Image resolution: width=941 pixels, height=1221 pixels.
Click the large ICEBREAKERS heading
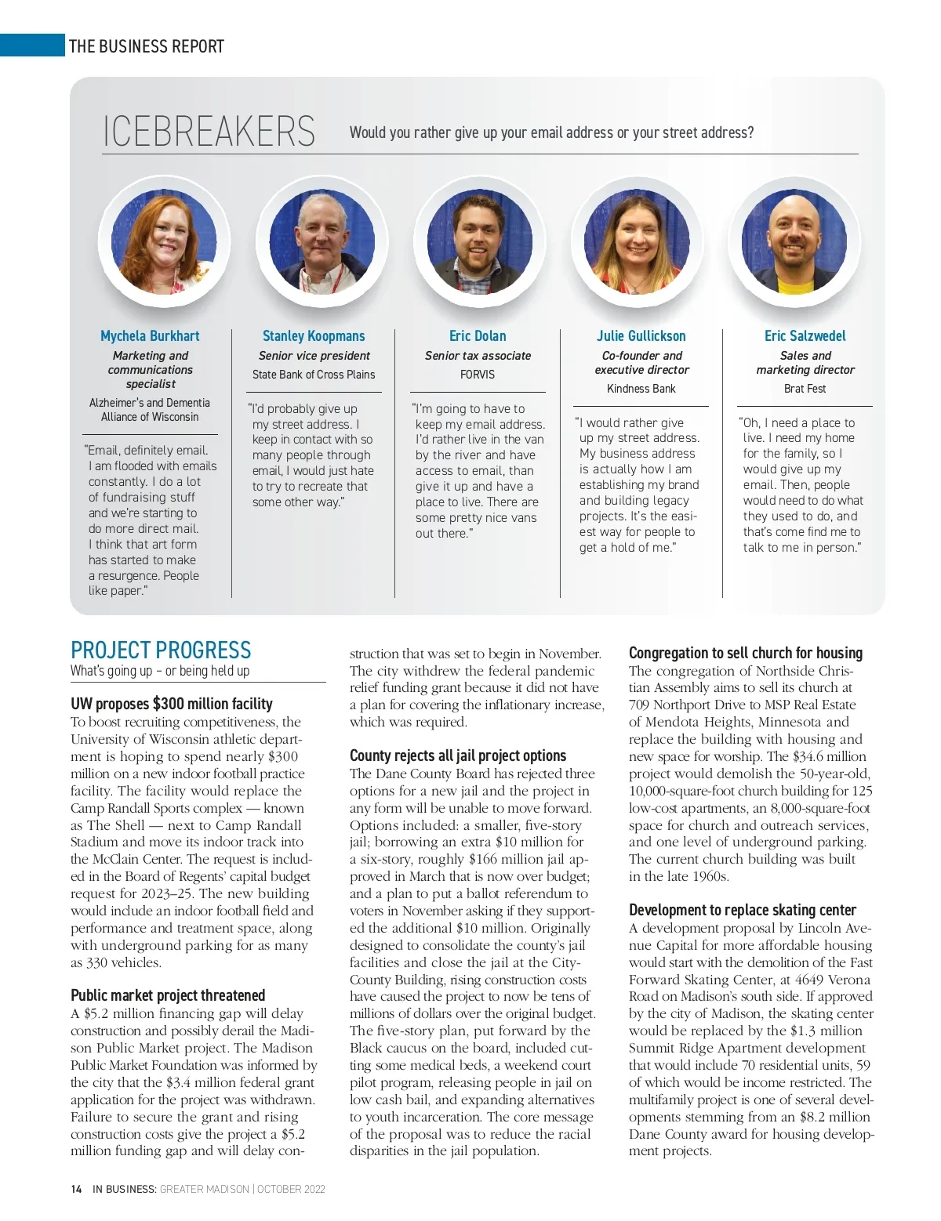click(x=209, y=132)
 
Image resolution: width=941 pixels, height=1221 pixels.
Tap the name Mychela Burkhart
click(x=150, y=336)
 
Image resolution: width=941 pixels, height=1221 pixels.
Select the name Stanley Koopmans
click(x=314, y=336)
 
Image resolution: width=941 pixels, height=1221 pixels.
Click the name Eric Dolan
click(x=478, y=336)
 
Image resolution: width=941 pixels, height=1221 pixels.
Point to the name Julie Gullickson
click(x=641, y=336)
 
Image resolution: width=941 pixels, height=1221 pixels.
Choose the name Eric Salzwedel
click(x=805, y=336)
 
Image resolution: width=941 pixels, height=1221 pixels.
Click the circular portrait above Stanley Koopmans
click(x=322, y=241)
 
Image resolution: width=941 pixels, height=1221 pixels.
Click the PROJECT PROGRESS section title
click(x=161, y=650)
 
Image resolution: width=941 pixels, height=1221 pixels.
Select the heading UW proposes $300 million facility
click(x=172, y=704)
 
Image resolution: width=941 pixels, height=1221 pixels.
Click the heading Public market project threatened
click(x=168, y=995)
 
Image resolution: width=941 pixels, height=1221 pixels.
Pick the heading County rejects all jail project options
click(x=458, y=755)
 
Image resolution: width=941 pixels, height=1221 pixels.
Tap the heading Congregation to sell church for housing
click(x=745, y=653)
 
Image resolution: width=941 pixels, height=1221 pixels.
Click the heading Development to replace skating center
click(x=742, y=910)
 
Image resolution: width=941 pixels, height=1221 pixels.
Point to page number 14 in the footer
click(x=76, y=1189)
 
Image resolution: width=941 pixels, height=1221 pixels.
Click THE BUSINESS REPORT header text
click(x=147, y=46)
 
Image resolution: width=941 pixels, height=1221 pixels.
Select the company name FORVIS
click(x=478, y=375)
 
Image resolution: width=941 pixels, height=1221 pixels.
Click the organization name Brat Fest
click(x=805, y=389)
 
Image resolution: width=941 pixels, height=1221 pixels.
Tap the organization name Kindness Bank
click(x=641, y=389)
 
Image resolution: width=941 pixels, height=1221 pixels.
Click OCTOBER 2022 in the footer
click(x=291, y=1189)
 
